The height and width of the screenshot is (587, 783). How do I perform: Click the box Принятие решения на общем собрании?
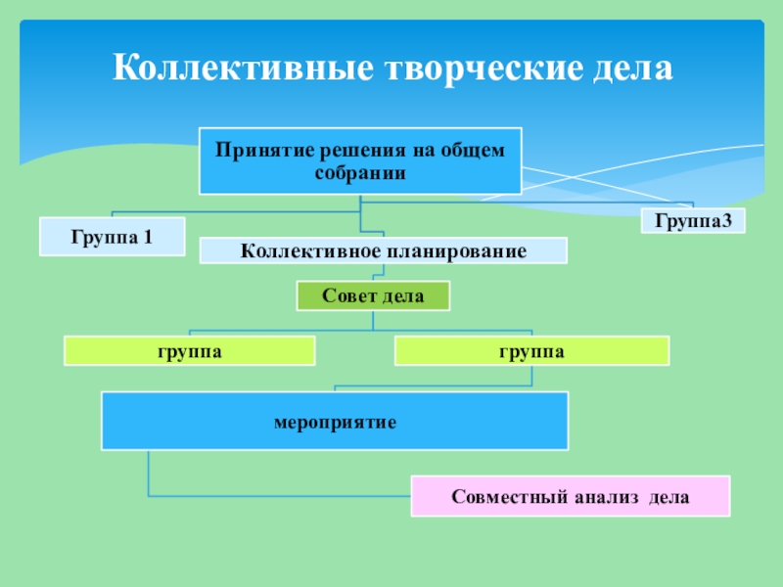coord(360,160)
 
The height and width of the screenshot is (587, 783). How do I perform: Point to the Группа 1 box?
coord(112,237)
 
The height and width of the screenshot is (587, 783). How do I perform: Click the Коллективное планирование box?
coord(383,251)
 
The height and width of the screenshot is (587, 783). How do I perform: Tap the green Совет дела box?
coord(373,295)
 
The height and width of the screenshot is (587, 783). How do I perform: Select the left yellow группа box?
coord(190,350)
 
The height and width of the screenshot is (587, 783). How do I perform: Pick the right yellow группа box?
coord(532,350)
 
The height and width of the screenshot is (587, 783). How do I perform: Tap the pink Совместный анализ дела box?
coord(571,497)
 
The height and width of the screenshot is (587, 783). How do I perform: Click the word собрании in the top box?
coord(360,171)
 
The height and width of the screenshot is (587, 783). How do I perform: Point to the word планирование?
coord(454,251)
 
